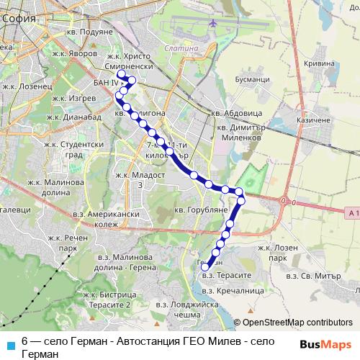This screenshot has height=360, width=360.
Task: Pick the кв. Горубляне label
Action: click(202, 210)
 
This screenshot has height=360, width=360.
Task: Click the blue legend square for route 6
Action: click(10, 343)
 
